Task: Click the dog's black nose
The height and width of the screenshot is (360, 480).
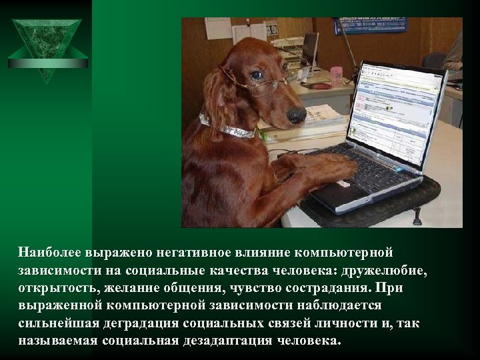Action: (x=296, y=115)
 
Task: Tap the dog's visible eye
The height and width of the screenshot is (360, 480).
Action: (x=257, y=75)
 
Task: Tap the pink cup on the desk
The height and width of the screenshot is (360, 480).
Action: (x=336, y=75)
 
